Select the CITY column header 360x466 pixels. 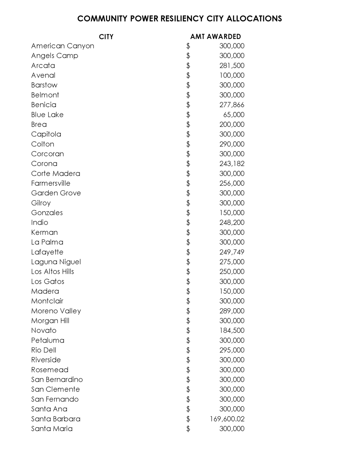point(106,37)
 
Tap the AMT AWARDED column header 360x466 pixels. point(215,36)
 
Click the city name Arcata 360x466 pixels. point(43,65)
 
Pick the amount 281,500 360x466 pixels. point(232,65)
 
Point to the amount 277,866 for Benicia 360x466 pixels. point(232,105)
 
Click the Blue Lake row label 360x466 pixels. point(47,115)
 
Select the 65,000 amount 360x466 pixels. point(234,115)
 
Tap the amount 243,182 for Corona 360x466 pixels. point(232,164)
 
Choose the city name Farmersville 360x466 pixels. point(51,183)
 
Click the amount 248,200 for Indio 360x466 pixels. point(232,222)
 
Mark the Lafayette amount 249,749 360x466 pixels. point(232,252)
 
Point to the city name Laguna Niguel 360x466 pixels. point(56,262)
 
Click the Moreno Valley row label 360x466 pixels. point(56,311)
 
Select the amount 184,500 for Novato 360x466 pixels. point(232,331)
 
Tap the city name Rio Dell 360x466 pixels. point(44,350)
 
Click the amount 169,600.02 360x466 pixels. point(227,419)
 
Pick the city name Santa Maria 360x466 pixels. point(52,429)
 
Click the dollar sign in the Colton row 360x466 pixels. point(188,144)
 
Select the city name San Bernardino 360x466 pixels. point(57,380)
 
